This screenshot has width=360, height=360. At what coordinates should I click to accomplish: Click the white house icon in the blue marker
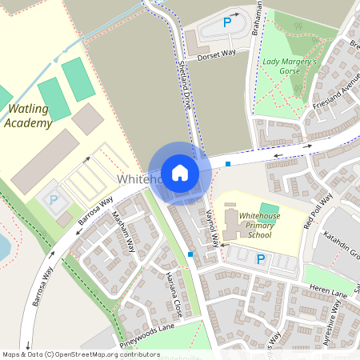(x=180, y=173)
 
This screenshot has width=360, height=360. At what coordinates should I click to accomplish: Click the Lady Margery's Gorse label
(x=289, y=66)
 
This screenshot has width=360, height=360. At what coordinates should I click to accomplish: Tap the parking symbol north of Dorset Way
(x=228, y=23)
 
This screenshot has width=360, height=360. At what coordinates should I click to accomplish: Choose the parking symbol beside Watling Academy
(x=54, y=200)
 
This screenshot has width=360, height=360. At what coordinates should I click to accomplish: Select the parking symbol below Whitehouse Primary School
(x=260, y=258)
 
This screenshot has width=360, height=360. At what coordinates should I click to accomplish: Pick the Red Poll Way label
(x=318, y=211)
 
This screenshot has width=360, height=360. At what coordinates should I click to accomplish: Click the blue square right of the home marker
(x=228, y=164)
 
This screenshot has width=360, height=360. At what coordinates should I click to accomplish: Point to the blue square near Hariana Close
(x=190, y=254)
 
